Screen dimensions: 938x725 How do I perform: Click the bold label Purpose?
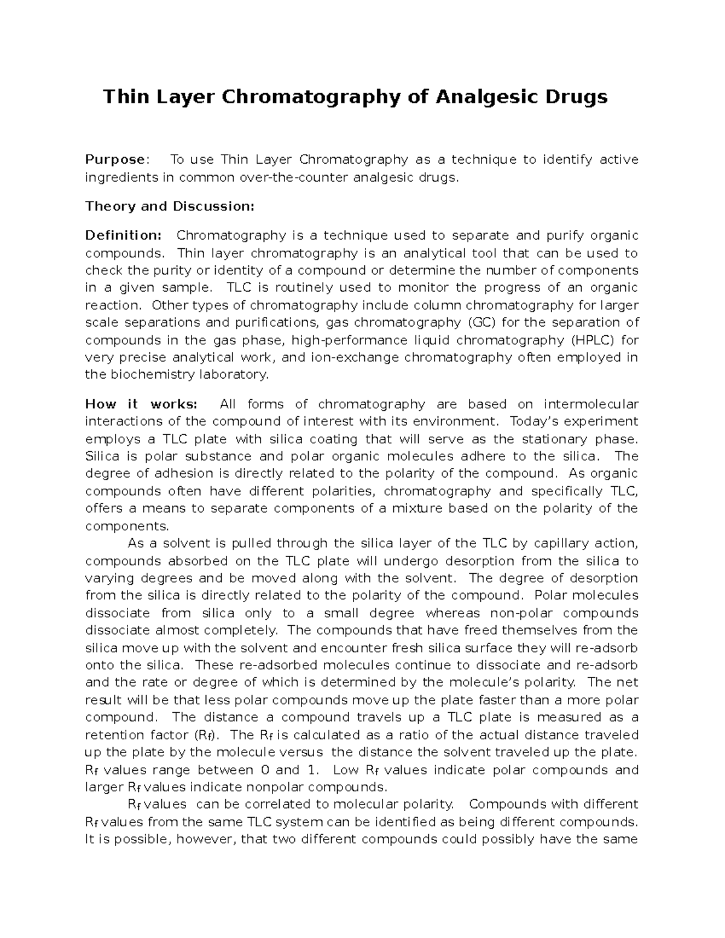(115, 159)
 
